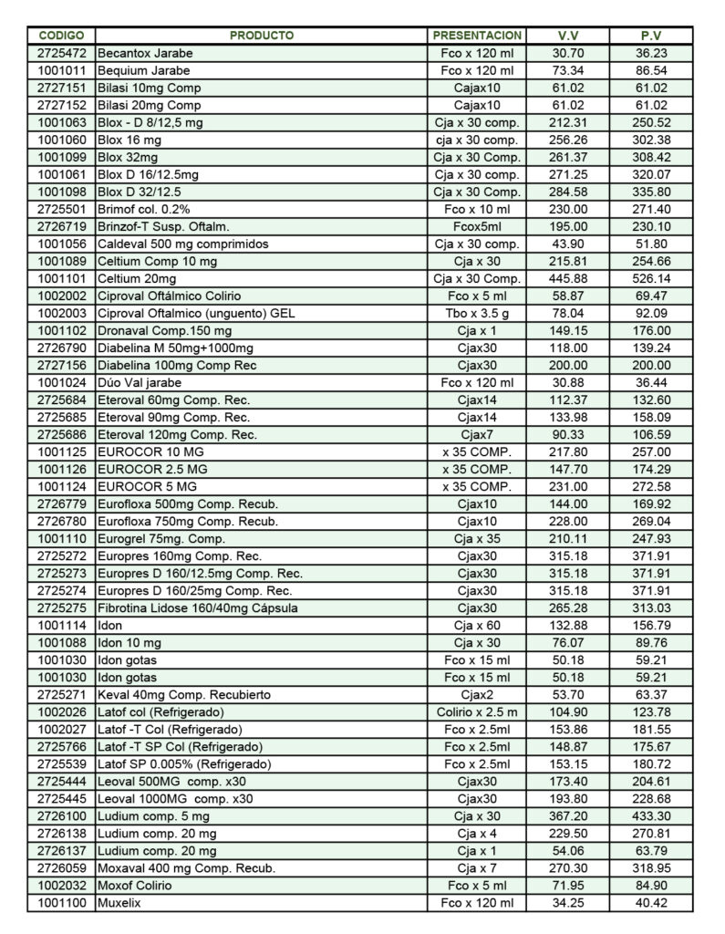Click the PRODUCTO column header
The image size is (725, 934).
point(261,36)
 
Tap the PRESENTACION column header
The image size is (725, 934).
point(477,36)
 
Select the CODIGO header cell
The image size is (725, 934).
point(61,36)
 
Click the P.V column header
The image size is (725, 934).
point(651,36)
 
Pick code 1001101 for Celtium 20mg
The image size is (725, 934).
point(62,279)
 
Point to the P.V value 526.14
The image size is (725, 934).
point(652,279)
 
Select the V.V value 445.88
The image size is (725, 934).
point(569,279)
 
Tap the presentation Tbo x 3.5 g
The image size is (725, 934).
point(477,314)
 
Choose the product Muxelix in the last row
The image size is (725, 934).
point(122,903)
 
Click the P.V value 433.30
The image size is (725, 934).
point(652,816)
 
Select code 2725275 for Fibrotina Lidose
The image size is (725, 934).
point(62,608)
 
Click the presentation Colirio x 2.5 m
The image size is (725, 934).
point(477,712)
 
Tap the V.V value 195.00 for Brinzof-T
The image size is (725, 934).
point(569,227)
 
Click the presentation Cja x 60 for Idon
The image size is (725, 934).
point(477,626)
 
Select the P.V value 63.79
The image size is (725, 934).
point(652,851)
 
